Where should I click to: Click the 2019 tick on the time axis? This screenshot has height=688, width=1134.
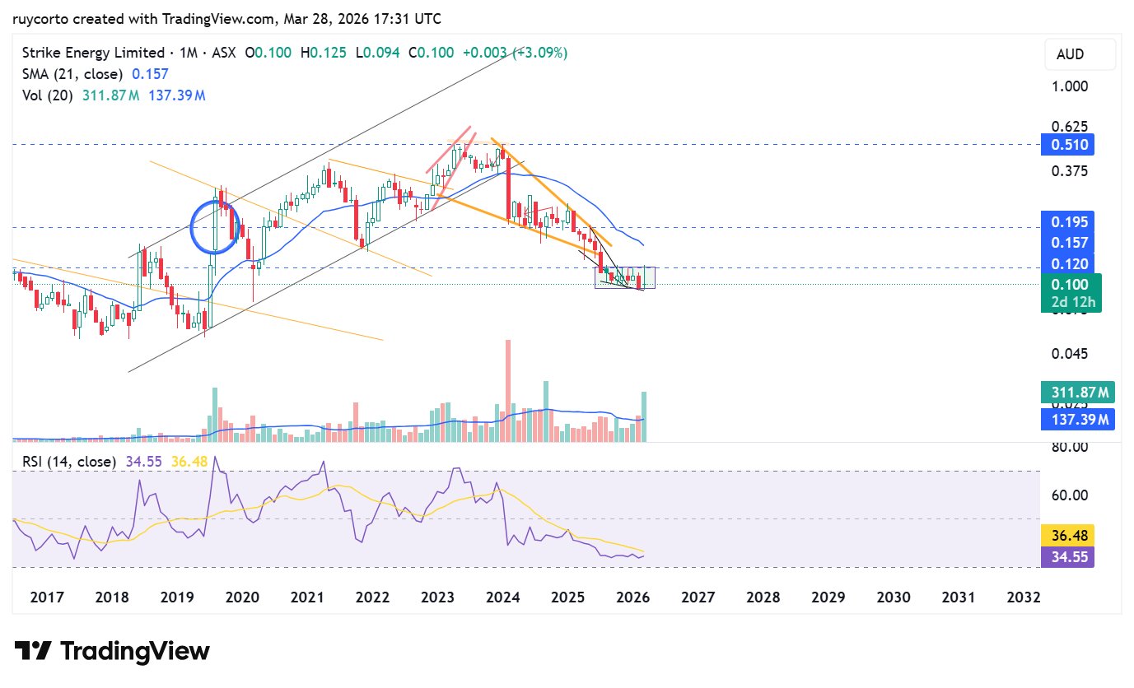tap(175, 597)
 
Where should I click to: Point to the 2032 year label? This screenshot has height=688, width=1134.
tap(1024, 597)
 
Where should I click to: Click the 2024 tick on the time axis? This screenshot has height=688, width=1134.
tap(502, 597)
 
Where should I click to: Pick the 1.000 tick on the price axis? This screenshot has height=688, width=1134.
tap(1070, 86)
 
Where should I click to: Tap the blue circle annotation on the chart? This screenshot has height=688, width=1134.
tap(216, 226)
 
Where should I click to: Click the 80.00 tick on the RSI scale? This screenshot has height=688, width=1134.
tap(1071, 447)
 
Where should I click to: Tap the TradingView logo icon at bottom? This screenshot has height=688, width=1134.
tap(33, 652)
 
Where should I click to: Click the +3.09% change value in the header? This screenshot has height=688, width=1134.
tap(539, 53)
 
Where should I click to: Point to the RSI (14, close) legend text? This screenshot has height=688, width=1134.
tap(69, 462)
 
